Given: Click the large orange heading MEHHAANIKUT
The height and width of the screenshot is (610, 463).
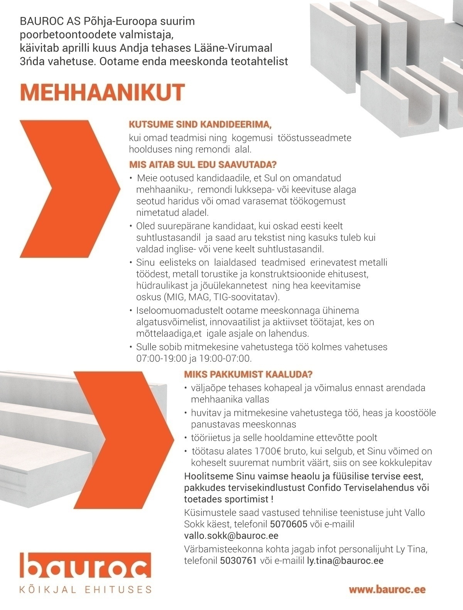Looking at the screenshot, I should coord(102,93).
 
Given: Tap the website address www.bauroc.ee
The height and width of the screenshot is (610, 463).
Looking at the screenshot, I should coord(387,589).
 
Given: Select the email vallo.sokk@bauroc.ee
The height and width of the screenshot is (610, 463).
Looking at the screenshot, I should coord(231,536).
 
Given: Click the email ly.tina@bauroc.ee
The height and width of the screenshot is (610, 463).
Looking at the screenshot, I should coord(345,561).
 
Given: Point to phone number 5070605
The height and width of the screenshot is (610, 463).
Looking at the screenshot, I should coord(288,524).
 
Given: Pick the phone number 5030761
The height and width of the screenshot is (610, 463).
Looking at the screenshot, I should coord(238,561).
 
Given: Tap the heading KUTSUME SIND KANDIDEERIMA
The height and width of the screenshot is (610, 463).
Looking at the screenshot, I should coord(201,125).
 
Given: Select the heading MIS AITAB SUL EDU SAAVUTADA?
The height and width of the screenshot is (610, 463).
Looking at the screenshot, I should coord(203,165).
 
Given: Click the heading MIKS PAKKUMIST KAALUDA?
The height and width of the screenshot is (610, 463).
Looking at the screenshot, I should coord(248,374).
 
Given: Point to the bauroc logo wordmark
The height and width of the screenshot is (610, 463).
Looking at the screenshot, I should coord(86,566).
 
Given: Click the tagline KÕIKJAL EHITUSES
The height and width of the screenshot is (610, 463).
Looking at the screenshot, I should coord(86,590).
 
